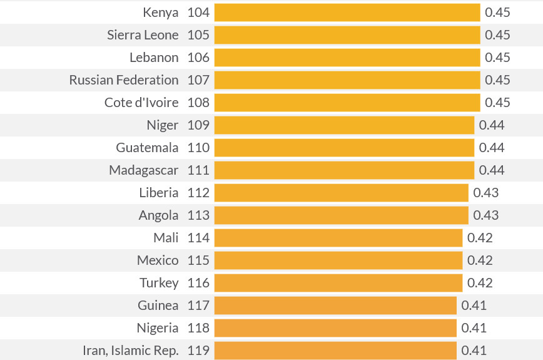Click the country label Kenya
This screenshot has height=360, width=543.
[160, 13]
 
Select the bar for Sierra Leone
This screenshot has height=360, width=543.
[347, 35]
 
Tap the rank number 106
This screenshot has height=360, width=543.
[198, 58]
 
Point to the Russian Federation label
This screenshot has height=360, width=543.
[124, 80]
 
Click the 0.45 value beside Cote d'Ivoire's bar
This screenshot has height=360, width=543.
[497, 103]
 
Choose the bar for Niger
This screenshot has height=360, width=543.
[344, 125]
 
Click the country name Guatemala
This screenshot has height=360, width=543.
[147, 148]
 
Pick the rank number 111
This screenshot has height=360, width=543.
[198, 170]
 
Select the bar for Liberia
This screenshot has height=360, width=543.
[341, 193]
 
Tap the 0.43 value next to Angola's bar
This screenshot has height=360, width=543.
[486, 215]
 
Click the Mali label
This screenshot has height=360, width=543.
[166, 238]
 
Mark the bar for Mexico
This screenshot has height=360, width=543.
[338, 260]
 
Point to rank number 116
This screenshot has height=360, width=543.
[198, 283]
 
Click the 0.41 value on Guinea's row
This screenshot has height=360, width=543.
[474, 306]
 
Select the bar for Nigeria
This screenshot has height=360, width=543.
[335, 328]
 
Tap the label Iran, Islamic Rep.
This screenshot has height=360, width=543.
[131, 351]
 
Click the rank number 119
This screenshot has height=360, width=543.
[198, 351]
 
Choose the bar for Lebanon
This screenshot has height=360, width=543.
[347, 58]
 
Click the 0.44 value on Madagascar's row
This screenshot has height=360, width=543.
[492, 170]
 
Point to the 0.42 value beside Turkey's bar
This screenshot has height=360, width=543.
[480, 283]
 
